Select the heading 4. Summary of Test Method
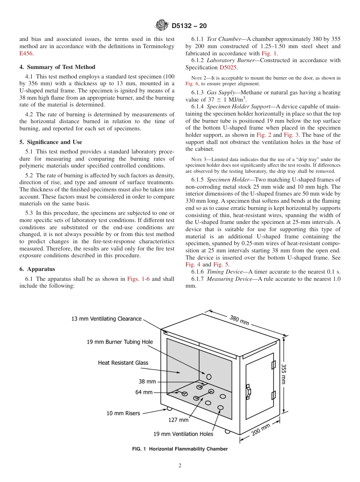[x=57, y=67]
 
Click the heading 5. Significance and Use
[x=50, y=142]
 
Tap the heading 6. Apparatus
[x=37, y=269]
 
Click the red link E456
[x=26, y=54]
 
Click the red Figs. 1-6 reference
[x=138, y=279]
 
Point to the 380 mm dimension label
[x=239, y=320]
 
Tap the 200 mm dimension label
[x=261, y=429]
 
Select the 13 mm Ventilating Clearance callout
[x=106, y=319]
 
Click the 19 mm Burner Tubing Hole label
[x=120, y=342]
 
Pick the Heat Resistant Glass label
[x=123, y=363]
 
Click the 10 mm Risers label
[x=123, y=413]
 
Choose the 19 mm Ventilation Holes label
[x=183, y=434]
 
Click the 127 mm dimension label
[x=178, y=420]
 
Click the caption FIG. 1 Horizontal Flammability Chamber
[x=180, y=449]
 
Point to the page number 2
[x=180, y=466]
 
